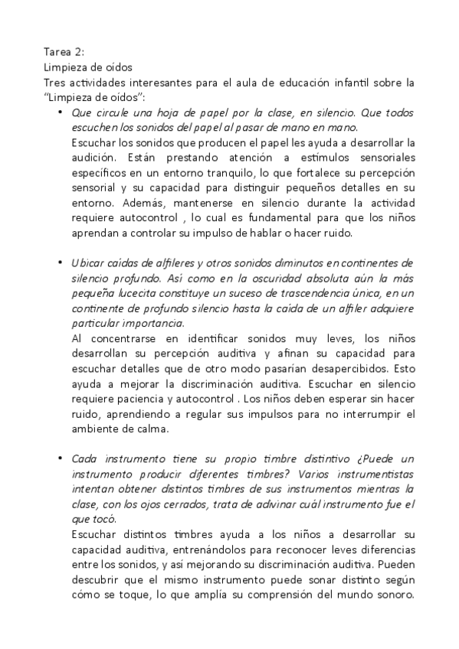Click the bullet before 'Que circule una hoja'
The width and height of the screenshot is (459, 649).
[61, 113]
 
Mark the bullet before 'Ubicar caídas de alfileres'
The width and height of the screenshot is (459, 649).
[61, 263]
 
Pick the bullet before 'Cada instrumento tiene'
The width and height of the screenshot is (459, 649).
[61, 459]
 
